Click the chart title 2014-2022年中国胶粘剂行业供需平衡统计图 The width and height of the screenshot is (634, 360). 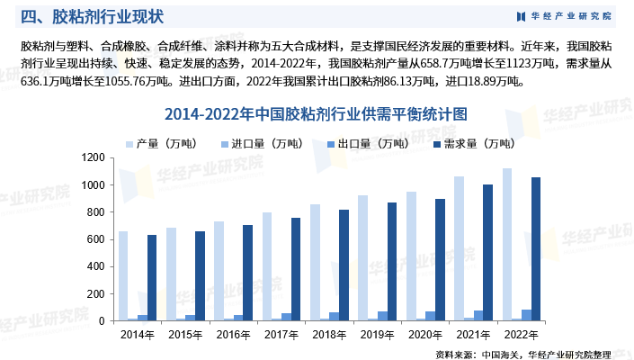coord(317,115)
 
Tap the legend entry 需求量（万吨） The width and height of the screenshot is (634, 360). coord(471,143)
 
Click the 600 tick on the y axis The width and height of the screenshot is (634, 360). coord(97,239)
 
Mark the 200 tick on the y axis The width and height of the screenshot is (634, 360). coord(97,294)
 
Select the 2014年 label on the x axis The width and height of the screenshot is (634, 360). coord(137,334)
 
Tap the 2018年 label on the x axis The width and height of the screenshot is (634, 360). coord(330,334)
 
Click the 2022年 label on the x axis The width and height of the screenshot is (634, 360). coord(522,334)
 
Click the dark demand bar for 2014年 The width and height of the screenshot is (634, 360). coord(152,278)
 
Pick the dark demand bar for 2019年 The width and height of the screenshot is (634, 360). coord(392,262)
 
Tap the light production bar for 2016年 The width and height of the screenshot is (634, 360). coord(219,271)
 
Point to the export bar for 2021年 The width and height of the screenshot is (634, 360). coord(478,316)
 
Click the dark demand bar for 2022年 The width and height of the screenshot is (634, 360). coord(537,249)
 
